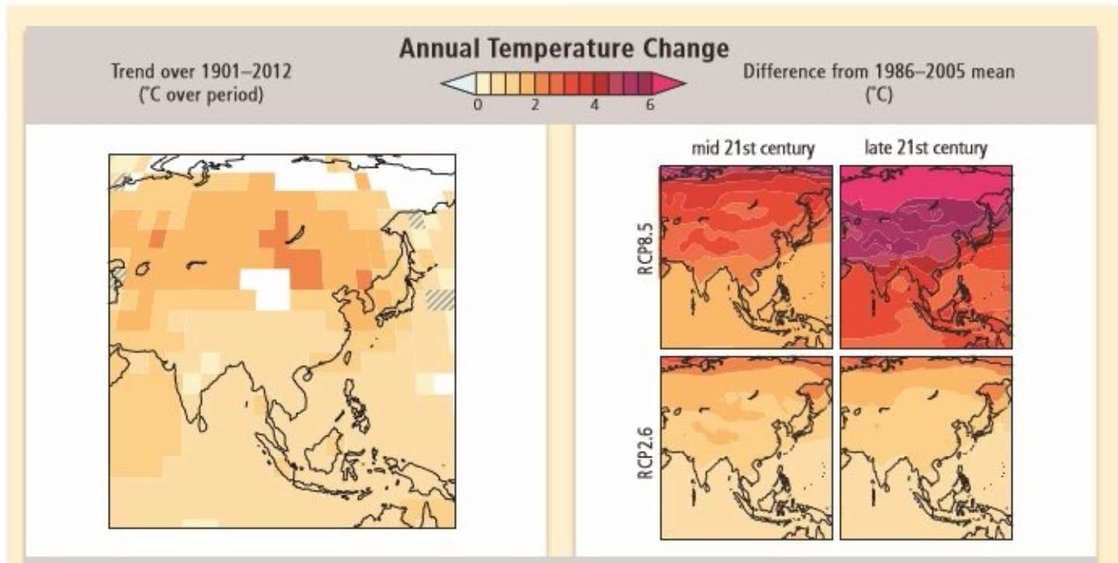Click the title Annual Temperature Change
click(564, 49)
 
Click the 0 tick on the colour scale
click(478, 106)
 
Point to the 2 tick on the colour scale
click(535, 106)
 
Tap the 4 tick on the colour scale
click(594, 106)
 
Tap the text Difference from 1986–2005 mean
click(879, 71)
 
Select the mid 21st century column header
click(752, 148)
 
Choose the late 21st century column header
click(925, 148)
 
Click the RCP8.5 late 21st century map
click(926, 257)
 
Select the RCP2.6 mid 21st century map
click(746, 448)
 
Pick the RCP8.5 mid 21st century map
click(746, 257)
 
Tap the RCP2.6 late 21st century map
click(926, 448)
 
